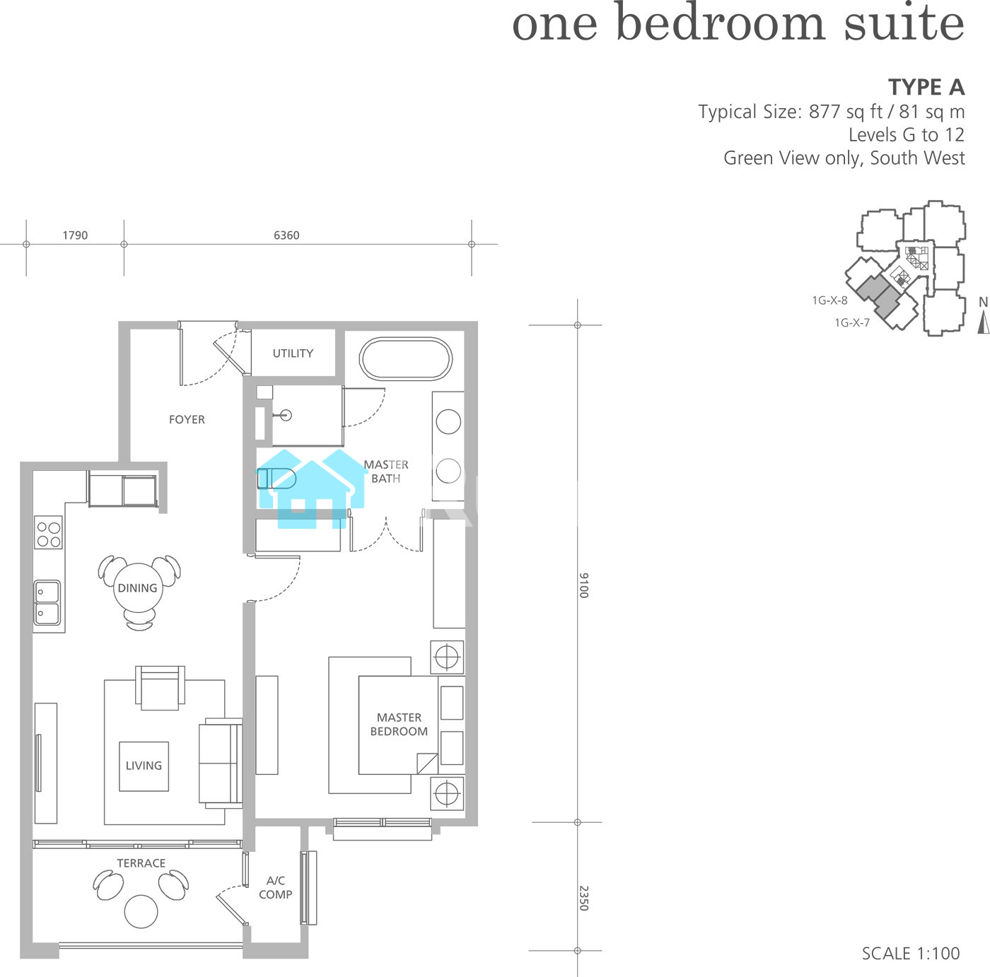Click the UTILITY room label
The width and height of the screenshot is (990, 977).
pyautogui.click(x=293, y=353)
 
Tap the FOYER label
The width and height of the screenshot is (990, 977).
pyautogui.click(x=187, y=420)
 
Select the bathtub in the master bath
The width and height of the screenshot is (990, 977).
pyautogui.click(x=405, y=359)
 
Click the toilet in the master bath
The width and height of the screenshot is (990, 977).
pyautogui.click(x=276, y=479)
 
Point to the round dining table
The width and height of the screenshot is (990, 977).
pyautogui.click(x=138, y=588)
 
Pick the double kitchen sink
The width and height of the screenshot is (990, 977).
pyautogui.click(x=47, y=603)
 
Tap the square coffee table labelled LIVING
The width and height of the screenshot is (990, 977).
pyautogui.click(x=144, y=766)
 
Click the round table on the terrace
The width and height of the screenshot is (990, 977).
pyautogui.click(x=141, y=911)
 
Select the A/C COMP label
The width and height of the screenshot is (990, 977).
pyautogui.click(x=275, y=888)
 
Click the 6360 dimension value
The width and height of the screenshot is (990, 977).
pyautogui.click(x=286, y=235)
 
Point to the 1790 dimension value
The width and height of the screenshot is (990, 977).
pyautogui.click(x=75, y=235)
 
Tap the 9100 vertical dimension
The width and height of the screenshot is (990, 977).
pyautogui.click(x=583, y=585)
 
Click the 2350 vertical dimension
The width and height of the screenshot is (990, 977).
pyautogui.click(x=583, y=899)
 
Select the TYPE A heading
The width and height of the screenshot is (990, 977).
pyautogui.click(x=926, y=88)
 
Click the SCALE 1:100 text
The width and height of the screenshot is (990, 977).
pyautogui.click(x=910, y=954)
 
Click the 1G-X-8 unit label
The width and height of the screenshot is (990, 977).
pyautogui.click(x=829, y=300)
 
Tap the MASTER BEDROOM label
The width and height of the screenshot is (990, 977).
pyautogui.click(x=399, y=725)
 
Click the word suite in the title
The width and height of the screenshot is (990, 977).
pyautogui.click(x=904, y=24)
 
